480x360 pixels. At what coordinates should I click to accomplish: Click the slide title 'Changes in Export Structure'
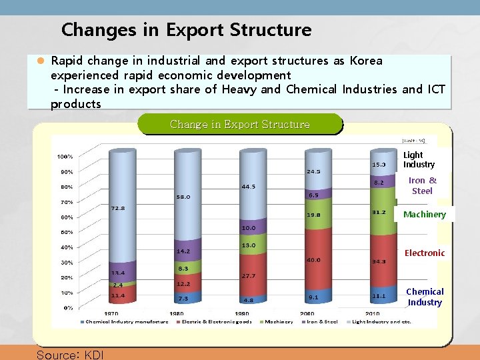tap(186, 30)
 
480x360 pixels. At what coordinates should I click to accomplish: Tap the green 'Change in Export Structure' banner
tap(240, 124)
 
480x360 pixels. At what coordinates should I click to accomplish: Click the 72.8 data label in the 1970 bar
tap(117, 208)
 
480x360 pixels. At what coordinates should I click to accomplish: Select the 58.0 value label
tap(183, 197)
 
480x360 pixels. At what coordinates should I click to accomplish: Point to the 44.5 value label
tap(249, 187)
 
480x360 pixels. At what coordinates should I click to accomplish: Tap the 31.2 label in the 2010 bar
tap(377, 213)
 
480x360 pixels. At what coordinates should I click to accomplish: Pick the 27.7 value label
tap(249, 275)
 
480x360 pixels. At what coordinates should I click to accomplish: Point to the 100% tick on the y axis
tap(65, 157)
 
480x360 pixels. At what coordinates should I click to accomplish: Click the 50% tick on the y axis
tap(67, 233)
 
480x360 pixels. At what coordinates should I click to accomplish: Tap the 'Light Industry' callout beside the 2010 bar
tap(419, 160)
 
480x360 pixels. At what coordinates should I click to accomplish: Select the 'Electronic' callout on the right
tap(424, 253)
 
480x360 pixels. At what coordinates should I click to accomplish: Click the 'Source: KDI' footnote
tap(70, 354)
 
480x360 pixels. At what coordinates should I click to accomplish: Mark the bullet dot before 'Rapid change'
tap(40, 61)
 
